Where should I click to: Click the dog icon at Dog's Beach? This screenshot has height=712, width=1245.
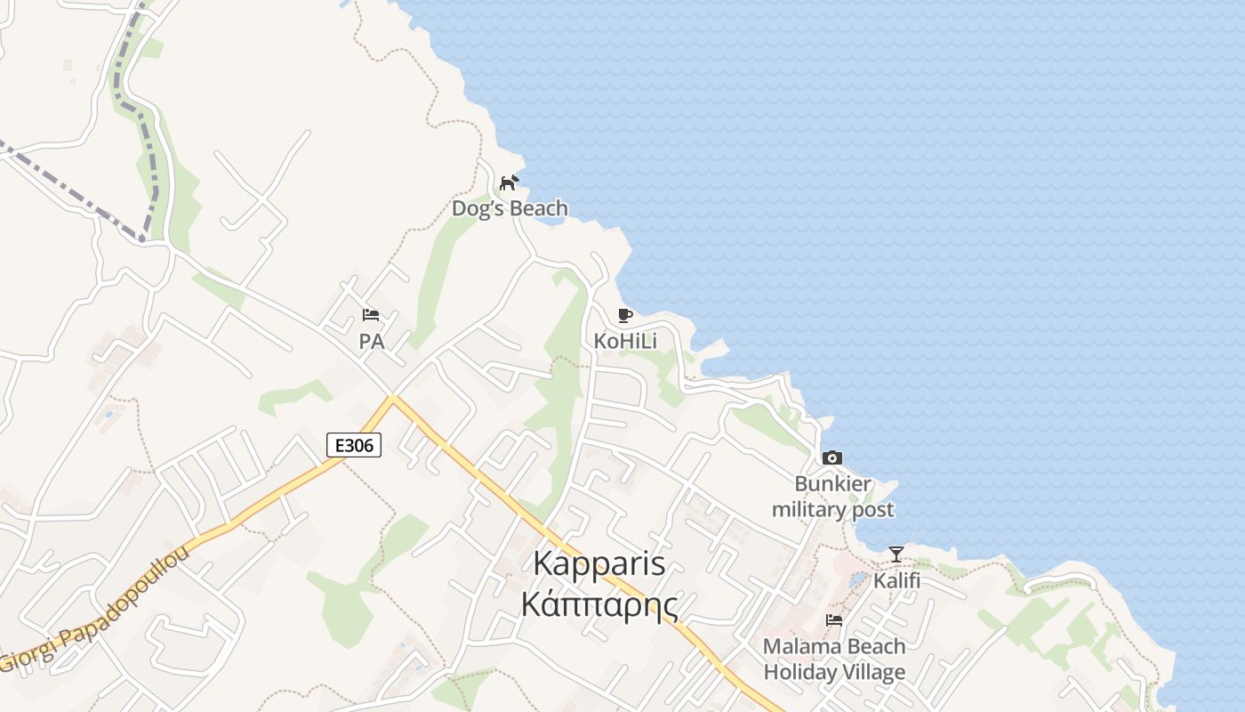pos(509,183)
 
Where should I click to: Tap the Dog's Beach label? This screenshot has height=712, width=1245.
pos(510,209)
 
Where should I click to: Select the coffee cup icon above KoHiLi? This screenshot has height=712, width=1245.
pos(624,316)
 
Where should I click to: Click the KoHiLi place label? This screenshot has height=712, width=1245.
pos(625,341)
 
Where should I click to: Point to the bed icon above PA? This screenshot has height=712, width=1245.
pos(371,315)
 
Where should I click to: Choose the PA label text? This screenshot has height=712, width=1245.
pos(371,341)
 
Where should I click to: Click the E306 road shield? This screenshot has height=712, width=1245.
pos(354,445)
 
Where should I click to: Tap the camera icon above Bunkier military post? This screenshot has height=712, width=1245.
pos(832,458)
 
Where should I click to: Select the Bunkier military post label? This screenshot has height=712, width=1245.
pos(832,497)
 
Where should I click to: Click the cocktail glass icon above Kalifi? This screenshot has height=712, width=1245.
pos(896,554)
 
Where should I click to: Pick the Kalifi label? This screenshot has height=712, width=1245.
pos(896,580)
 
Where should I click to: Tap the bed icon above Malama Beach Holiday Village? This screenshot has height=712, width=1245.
pos(834,620)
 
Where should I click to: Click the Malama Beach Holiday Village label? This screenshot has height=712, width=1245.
pos(834,659)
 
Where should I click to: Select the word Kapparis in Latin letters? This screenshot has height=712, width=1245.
pos(599,563)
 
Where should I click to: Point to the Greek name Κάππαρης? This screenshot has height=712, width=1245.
pos(599,604)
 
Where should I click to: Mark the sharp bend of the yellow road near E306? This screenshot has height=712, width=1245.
pos(392,399)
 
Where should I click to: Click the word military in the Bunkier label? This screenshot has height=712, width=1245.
pos(808,510)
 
